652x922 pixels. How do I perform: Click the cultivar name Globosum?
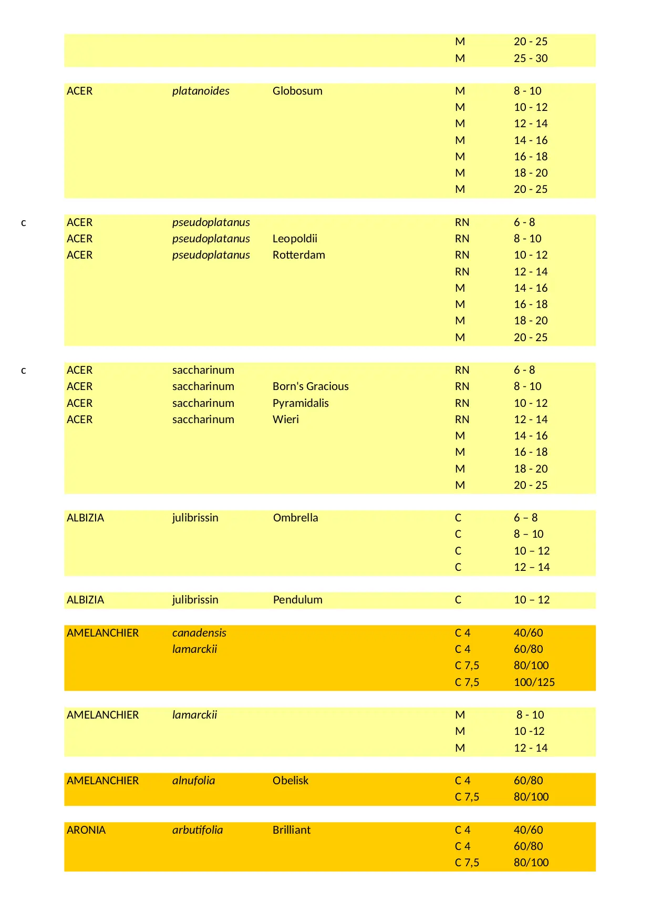point(297,91)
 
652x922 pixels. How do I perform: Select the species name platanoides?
point(201,91)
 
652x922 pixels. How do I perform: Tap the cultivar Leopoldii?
point(295,239)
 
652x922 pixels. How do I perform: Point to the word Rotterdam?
point(298,255)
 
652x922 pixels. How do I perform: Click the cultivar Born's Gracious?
point(311,386)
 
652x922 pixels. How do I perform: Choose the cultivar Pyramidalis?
point(301,403)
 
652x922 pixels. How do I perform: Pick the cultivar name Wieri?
point(286,419)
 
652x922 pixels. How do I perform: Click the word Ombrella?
point(295,518)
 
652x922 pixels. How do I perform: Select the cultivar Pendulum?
point(297,600)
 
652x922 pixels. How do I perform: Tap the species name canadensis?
point(199,633)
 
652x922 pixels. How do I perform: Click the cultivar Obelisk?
point(291,781)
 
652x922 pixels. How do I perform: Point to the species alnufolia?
point(193,781)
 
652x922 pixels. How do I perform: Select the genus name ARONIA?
point(86,830)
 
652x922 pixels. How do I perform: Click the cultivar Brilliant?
point(292,830)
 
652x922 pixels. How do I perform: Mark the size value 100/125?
point(534,682)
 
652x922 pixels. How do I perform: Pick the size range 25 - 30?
point(531,58)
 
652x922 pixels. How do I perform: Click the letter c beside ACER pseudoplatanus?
point(24,223)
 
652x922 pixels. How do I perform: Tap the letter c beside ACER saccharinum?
point(24,371)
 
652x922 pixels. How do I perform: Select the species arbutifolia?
point(198,830)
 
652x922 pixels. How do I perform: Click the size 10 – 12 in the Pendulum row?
point(532,600)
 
